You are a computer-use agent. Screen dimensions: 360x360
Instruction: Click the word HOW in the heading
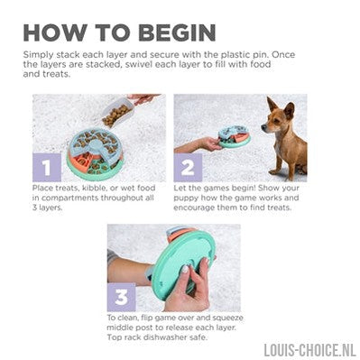pyautogui.click(x=55, y=32)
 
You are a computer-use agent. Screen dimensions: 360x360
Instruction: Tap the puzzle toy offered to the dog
pyautogui.click(x=233, y=137)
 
